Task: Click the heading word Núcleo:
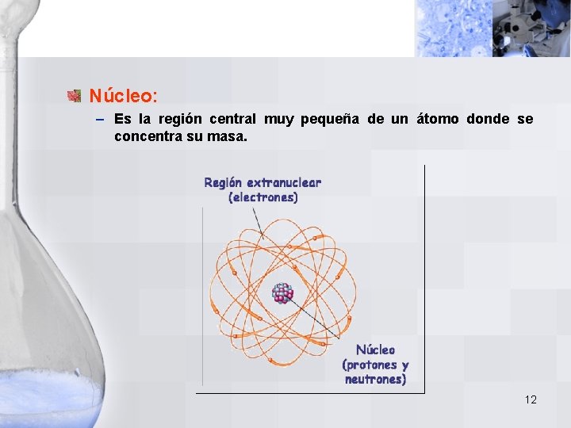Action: coord(123,96)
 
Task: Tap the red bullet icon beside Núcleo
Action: coord(75,96)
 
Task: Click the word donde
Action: coord(489,120)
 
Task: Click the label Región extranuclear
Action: coord(263,182)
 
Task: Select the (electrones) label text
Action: coord(263,197)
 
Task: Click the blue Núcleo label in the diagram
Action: coord(375,350)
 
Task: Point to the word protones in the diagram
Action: coord(370,365)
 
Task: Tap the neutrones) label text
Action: coord(375,380)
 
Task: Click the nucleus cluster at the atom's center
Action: coord(282,292)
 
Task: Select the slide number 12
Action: coord(531,399)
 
